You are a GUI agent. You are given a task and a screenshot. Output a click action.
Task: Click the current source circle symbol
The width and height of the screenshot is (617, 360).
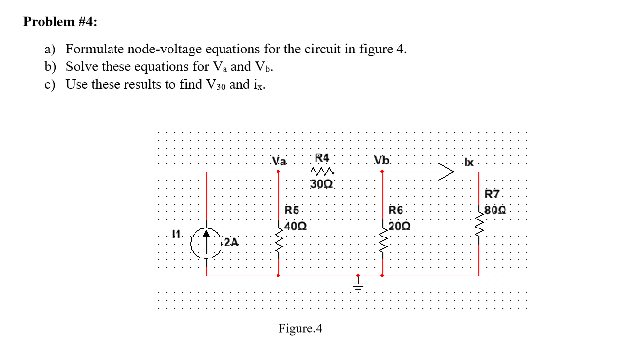[207, 243]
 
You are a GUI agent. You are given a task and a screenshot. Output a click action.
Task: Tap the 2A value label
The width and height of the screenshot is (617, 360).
[230, 242]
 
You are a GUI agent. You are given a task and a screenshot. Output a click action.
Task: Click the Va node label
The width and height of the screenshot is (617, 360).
[279, 161]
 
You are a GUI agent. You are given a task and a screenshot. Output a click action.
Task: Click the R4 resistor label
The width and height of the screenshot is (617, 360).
[322, 158]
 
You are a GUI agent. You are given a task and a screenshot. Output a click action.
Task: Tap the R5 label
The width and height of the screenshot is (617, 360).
[292, 210]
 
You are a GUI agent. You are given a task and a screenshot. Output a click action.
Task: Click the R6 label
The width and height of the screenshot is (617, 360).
[396, 210]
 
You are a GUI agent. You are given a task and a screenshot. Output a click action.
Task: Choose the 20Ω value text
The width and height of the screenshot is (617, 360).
[400, 227]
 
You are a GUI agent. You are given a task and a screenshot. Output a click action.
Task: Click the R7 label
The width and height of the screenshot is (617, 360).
[493, 194]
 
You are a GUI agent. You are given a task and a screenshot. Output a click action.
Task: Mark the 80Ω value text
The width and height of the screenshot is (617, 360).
[496, 209]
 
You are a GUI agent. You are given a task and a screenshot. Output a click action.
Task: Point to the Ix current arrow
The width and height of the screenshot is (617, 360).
[446, 172]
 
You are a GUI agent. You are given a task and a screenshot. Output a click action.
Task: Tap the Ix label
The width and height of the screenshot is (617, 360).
[468, 162]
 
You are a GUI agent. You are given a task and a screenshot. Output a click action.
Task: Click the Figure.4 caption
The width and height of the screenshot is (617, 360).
[300, 328]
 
